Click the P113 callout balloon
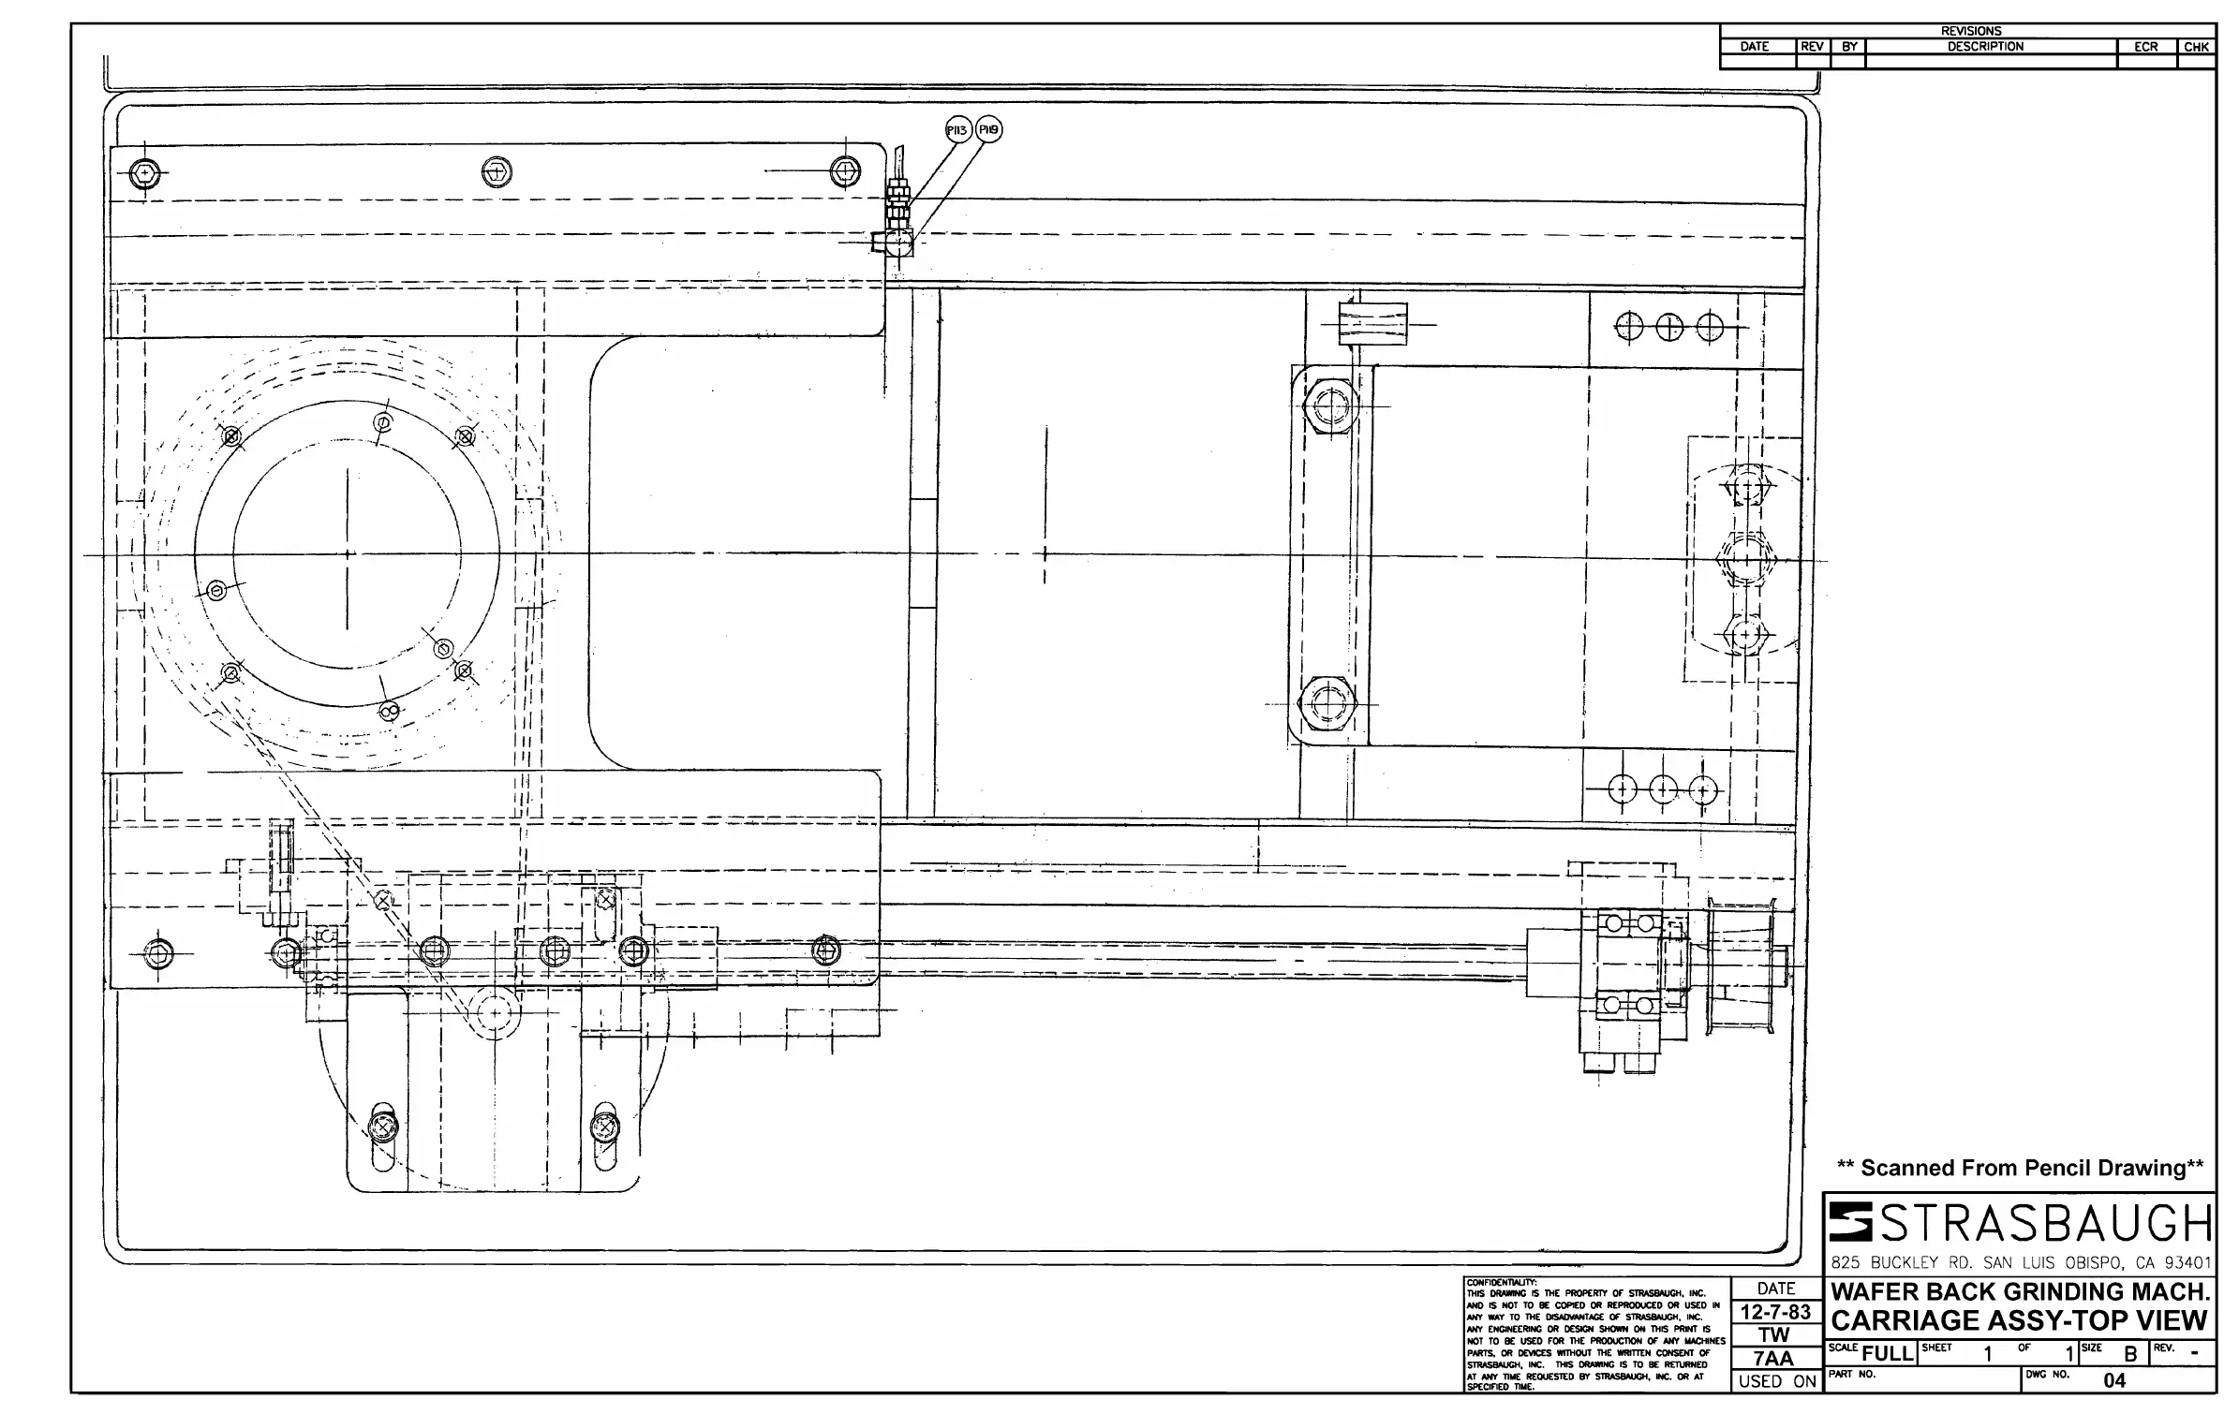click(956, 130)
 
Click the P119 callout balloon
click(988, 130)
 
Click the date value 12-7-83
click(1775, 1312)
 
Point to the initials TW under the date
click(1775, 1335)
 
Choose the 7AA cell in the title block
click(1775, 1359)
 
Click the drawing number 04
click(2114, 1381)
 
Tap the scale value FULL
click(1886, 1355)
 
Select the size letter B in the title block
click(2129, 1355)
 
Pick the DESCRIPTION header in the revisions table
click(1985, 47)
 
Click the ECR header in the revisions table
click(2146, 47)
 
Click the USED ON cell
click(1777, 1381)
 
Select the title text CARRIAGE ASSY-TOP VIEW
click(2019, 1321)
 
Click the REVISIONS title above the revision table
click(1971, 31)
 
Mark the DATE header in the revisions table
click(1755, 47)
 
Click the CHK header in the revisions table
click(2197, 47)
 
